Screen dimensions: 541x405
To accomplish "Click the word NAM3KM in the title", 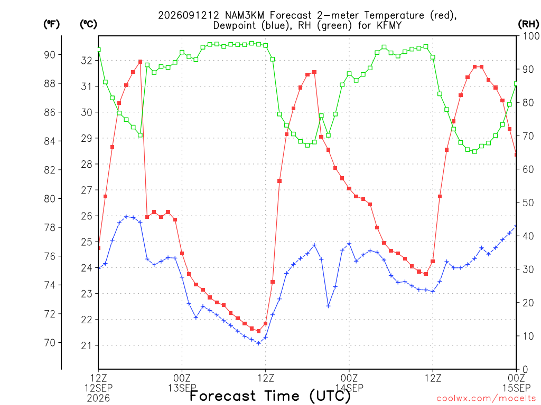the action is click(244, 15).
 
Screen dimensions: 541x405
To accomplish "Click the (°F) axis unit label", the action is click(51, 24).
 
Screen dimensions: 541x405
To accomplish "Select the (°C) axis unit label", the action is click(88, 24).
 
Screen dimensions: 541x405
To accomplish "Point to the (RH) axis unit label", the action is click(528, 24).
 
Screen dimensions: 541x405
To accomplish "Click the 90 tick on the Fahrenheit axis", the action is click(50, 55).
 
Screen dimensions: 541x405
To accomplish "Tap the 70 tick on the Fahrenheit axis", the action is click(50, 343).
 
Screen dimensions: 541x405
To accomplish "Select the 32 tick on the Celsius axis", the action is click(87, 61).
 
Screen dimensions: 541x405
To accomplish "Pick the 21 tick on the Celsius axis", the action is click(87, 345).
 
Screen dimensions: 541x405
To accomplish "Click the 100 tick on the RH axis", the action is click(531, 36).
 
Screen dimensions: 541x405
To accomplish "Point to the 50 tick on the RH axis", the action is click(528, 203).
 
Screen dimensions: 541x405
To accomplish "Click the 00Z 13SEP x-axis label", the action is click(182, 383).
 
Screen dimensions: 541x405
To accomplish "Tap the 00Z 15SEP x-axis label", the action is click(517, 383).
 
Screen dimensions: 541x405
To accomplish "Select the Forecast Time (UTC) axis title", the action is click(270, 396).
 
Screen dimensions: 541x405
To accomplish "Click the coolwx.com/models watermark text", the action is click(487, 399).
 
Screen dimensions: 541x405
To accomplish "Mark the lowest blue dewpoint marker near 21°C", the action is click(259, 343).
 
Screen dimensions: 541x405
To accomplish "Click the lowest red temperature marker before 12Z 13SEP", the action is click(259, 331).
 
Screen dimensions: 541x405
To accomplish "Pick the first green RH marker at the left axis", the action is click(99, 50).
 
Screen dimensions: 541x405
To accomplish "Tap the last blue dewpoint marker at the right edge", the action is click(516, 226).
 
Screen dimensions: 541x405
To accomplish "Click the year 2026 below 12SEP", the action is click(98, 399).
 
